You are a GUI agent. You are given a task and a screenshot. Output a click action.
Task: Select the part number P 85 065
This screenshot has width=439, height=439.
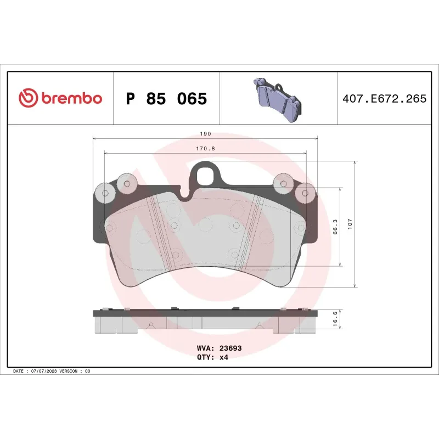[166, 99]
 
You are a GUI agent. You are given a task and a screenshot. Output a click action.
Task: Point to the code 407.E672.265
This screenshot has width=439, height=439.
[384, 99]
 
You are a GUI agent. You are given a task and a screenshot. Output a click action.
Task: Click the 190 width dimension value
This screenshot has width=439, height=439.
[205, 133]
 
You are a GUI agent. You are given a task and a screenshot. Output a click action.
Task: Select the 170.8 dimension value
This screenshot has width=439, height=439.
[205, 148]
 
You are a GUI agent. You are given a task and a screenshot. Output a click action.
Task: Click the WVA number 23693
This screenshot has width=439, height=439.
[230, 348]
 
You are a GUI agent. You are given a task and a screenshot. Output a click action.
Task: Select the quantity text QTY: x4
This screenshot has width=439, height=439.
[212, 357]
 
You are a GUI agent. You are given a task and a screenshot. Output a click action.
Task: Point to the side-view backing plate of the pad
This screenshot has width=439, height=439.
[205, 313]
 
